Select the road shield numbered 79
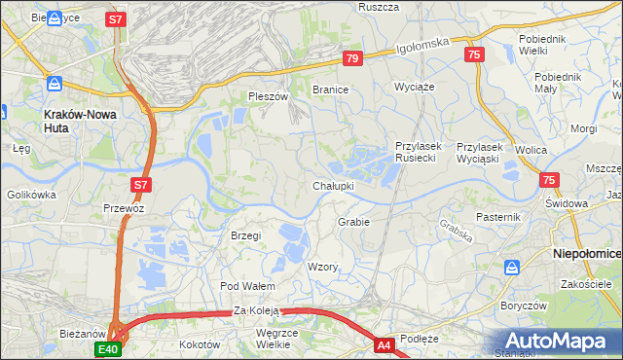click(353, 59)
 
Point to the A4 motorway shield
click(384, 344)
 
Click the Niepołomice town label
click(587, 253)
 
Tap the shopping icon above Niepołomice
click(511, 266)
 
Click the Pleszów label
click(269, 97)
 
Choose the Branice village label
click(330, 89)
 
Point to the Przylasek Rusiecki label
click(419, 152)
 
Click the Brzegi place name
click(245, 235)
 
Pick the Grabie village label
click(354, 222)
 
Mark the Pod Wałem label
click(247, 286)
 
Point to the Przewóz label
click(124, 208)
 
